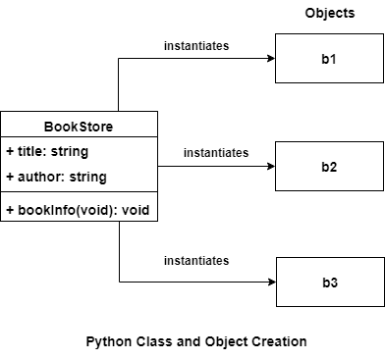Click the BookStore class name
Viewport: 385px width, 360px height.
(x=79, y=127)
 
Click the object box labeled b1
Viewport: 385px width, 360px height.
(x=329, y=60)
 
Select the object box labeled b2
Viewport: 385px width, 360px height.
(x=329, y=166)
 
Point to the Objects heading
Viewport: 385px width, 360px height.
(x=330, y=13)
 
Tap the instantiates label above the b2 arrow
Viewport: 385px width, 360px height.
(x=215, y=153)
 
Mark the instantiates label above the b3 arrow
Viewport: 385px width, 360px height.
(x=197, y=260)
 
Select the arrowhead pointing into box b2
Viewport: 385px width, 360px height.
(x=269, y=166)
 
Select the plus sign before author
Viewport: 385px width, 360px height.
(x=10, y=178)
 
